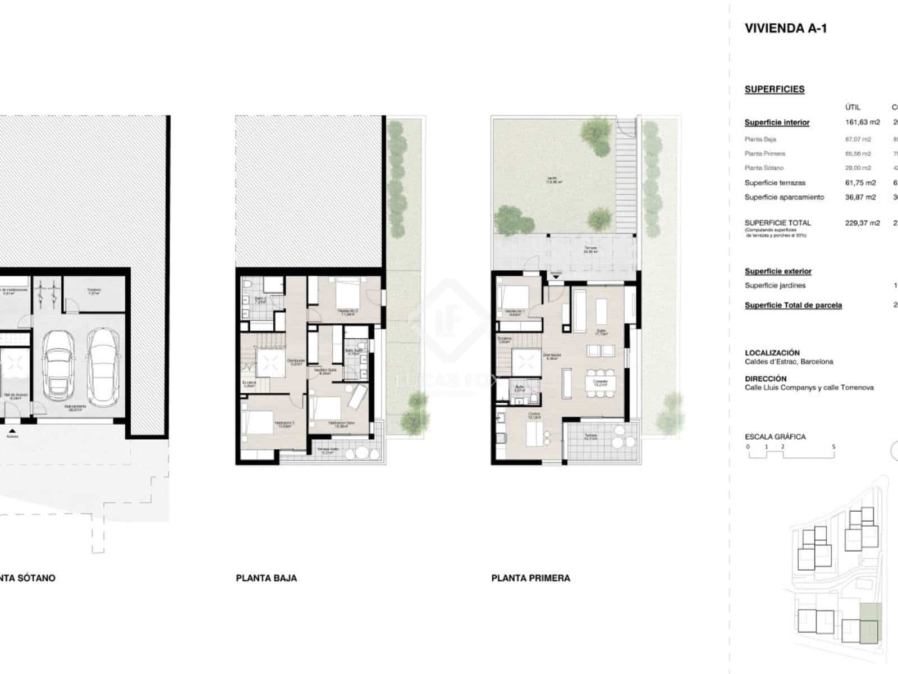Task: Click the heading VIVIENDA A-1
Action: (x=785, y=29)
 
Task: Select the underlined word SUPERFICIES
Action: (x=774, y=89)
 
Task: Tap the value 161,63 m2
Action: (x=862, y=122)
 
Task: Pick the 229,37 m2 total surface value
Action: (x=862, y=223)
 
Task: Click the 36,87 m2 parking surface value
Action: (x=860, y=197)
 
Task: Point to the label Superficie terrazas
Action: (x=775, y=183)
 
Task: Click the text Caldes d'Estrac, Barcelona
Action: (x=789, y=362)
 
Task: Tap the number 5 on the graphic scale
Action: (x=833, y=447)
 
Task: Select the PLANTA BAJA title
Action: (x=266, y=578)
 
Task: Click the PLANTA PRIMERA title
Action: (x=530, y=578)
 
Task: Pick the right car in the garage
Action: (x=103, y=366)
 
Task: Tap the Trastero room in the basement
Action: (x=94, y=292)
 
